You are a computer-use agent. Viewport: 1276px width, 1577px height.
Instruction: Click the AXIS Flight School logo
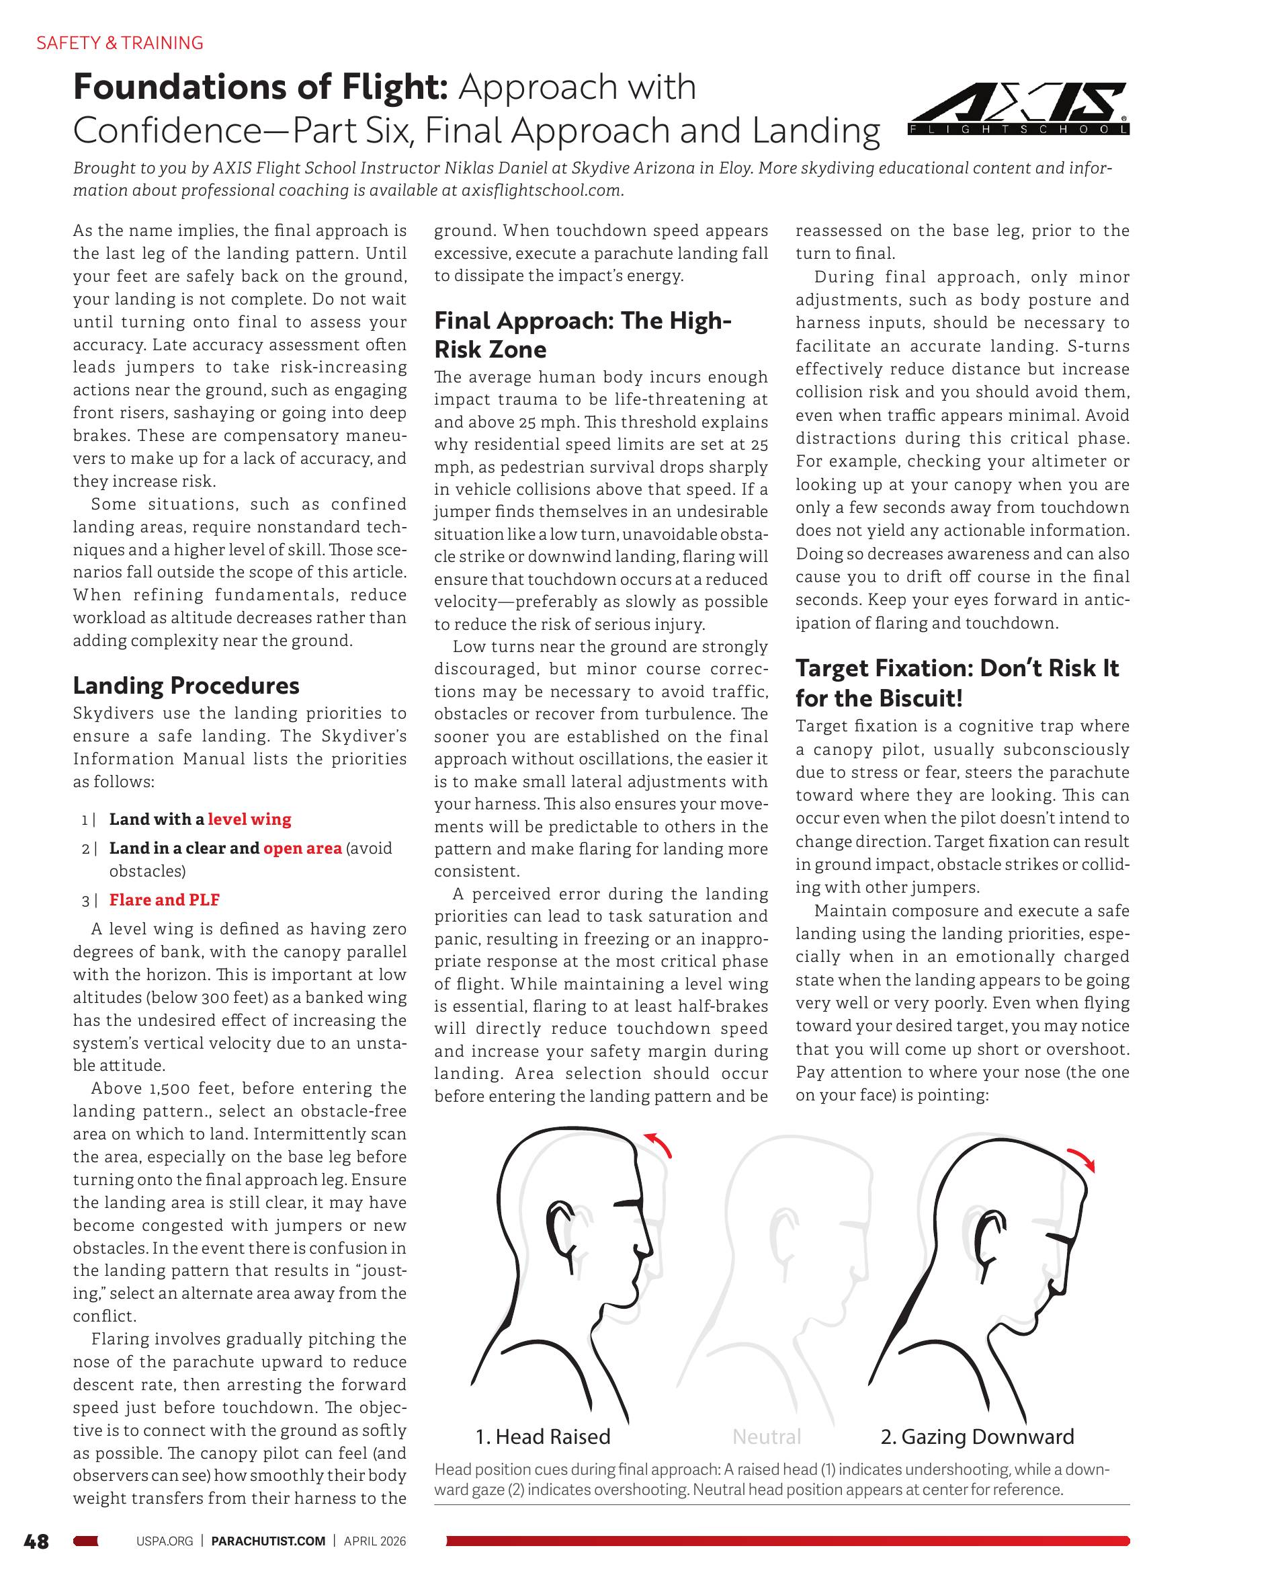pos(1019,110)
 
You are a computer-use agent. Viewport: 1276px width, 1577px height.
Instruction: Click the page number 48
pos(36,1541)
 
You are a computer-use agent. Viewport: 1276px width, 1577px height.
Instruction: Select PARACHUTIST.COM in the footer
pos(267,1541)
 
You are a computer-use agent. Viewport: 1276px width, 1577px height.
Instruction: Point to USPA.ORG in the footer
pos(165,1541)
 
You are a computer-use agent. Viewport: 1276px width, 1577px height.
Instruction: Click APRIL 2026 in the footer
pos(375,1541)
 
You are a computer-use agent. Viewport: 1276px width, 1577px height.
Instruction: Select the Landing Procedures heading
pos(186,685)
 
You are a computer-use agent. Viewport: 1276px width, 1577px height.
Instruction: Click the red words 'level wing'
pos(249,819)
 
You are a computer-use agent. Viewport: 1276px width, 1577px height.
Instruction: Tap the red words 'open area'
pos(302,848)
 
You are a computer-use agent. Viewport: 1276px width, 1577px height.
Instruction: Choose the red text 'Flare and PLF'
pos(165,899)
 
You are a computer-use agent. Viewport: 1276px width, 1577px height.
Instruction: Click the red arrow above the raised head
pos(658,1145)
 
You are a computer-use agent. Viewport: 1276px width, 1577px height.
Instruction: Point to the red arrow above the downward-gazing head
pos(1082,1159)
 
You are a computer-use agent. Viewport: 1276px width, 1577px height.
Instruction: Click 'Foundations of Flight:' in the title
pos(260,87)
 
